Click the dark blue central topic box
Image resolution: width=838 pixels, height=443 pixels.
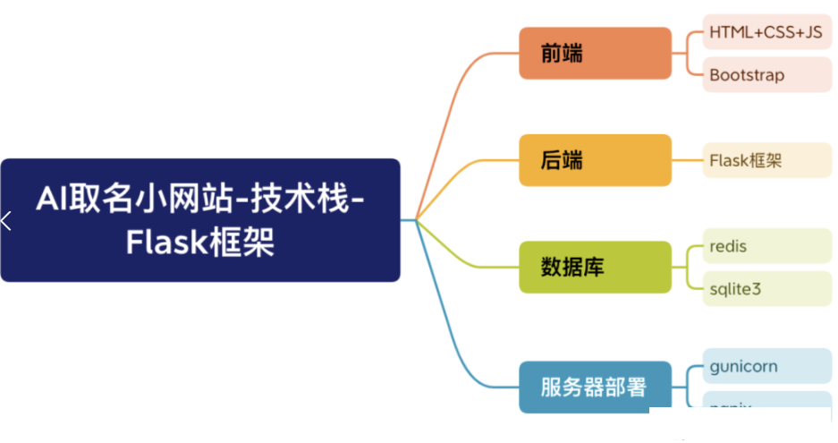[x=200, y=219]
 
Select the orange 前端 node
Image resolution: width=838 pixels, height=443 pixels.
[x=595, y=53]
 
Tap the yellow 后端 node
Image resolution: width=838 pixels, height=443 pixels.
[x=595, y=160]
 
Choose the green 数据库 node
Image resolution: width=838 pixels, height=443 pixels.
[x=595, y=267]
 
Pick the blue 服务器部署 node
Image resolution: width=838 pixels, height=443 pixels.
[x=595, y=387]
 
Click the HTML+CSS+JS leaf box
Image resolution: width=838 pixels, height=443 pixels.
[x=766, y=32]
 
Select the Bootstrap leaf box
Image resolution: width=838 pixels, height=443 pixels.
[x=766, y=75]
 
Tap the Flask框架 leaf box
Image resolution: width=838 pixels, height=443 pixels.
[x=766, y=161]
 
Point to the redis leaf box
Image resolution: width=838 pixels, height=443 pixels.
[x=766, y=246]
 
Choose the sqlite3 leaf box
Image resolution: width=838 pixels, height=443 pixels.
[x=766, y=289]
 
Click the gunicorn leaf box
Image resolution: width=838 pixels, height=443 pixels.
[x=766, y=367]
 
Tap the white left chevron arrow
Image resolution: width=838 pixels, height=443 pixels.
[x=6, y=220]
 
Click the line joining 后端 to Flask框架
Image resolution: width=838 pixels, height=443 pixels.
[x=686, y=161]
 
